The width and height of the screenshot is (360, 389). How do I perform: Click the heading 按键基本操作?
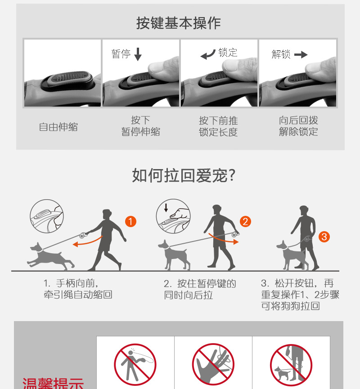pyautogui.click(x=178, y=23)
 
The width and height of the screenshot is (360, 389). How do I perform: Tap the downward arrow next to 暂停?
pyautogui.click(x=138, y=54)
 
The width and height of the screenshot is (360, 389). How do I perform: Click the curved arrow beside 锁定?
pyautogui.click(x=208, y=54)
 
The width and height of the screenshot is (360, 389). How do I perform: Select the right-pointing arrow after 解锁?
pyautogui.click(x=301, y=54)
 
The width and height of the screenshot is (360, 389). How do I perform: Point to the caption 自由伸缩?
pyautogui.click(x=58, y=127)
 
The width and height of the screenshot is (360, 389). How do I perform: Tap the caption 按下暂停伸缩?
pyautogui.click(x=140, y=126)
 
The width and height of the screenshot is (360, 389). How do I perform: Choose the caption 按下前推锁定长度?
pyautogui.click(x=218, y=126)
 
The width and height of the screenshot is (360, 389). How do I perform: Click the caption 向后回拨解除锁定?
pyautogui.click(x=298, y=126)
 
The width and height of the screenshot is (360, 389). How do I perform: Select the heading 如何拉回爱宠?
pyautogui.click(x=184, y=175)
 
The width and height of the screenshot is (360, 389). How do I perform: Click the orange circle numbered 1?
pyautogui.click(x=130, y=222)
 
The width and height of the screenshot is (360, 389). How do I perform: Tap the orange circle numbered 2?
pyautogui.click(x=245, y=222)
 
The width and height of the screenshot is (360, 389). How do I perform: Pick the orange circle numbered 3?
pyautogui.click(x=324, y=237)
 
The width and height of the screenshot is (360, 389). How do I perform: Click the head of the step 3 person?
pyautogui.click(x=304, y=210)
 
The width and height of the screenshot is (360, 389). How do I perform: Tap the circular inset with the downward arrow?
pyautogui.click(x=173, y=216)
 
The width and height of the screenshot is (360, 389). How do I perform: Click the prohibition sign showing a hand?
pyautogui.click(x=213, y=364)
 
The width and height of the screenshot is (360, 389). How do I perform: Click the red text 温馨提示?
pyautogui.click(x=53, y=383)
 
